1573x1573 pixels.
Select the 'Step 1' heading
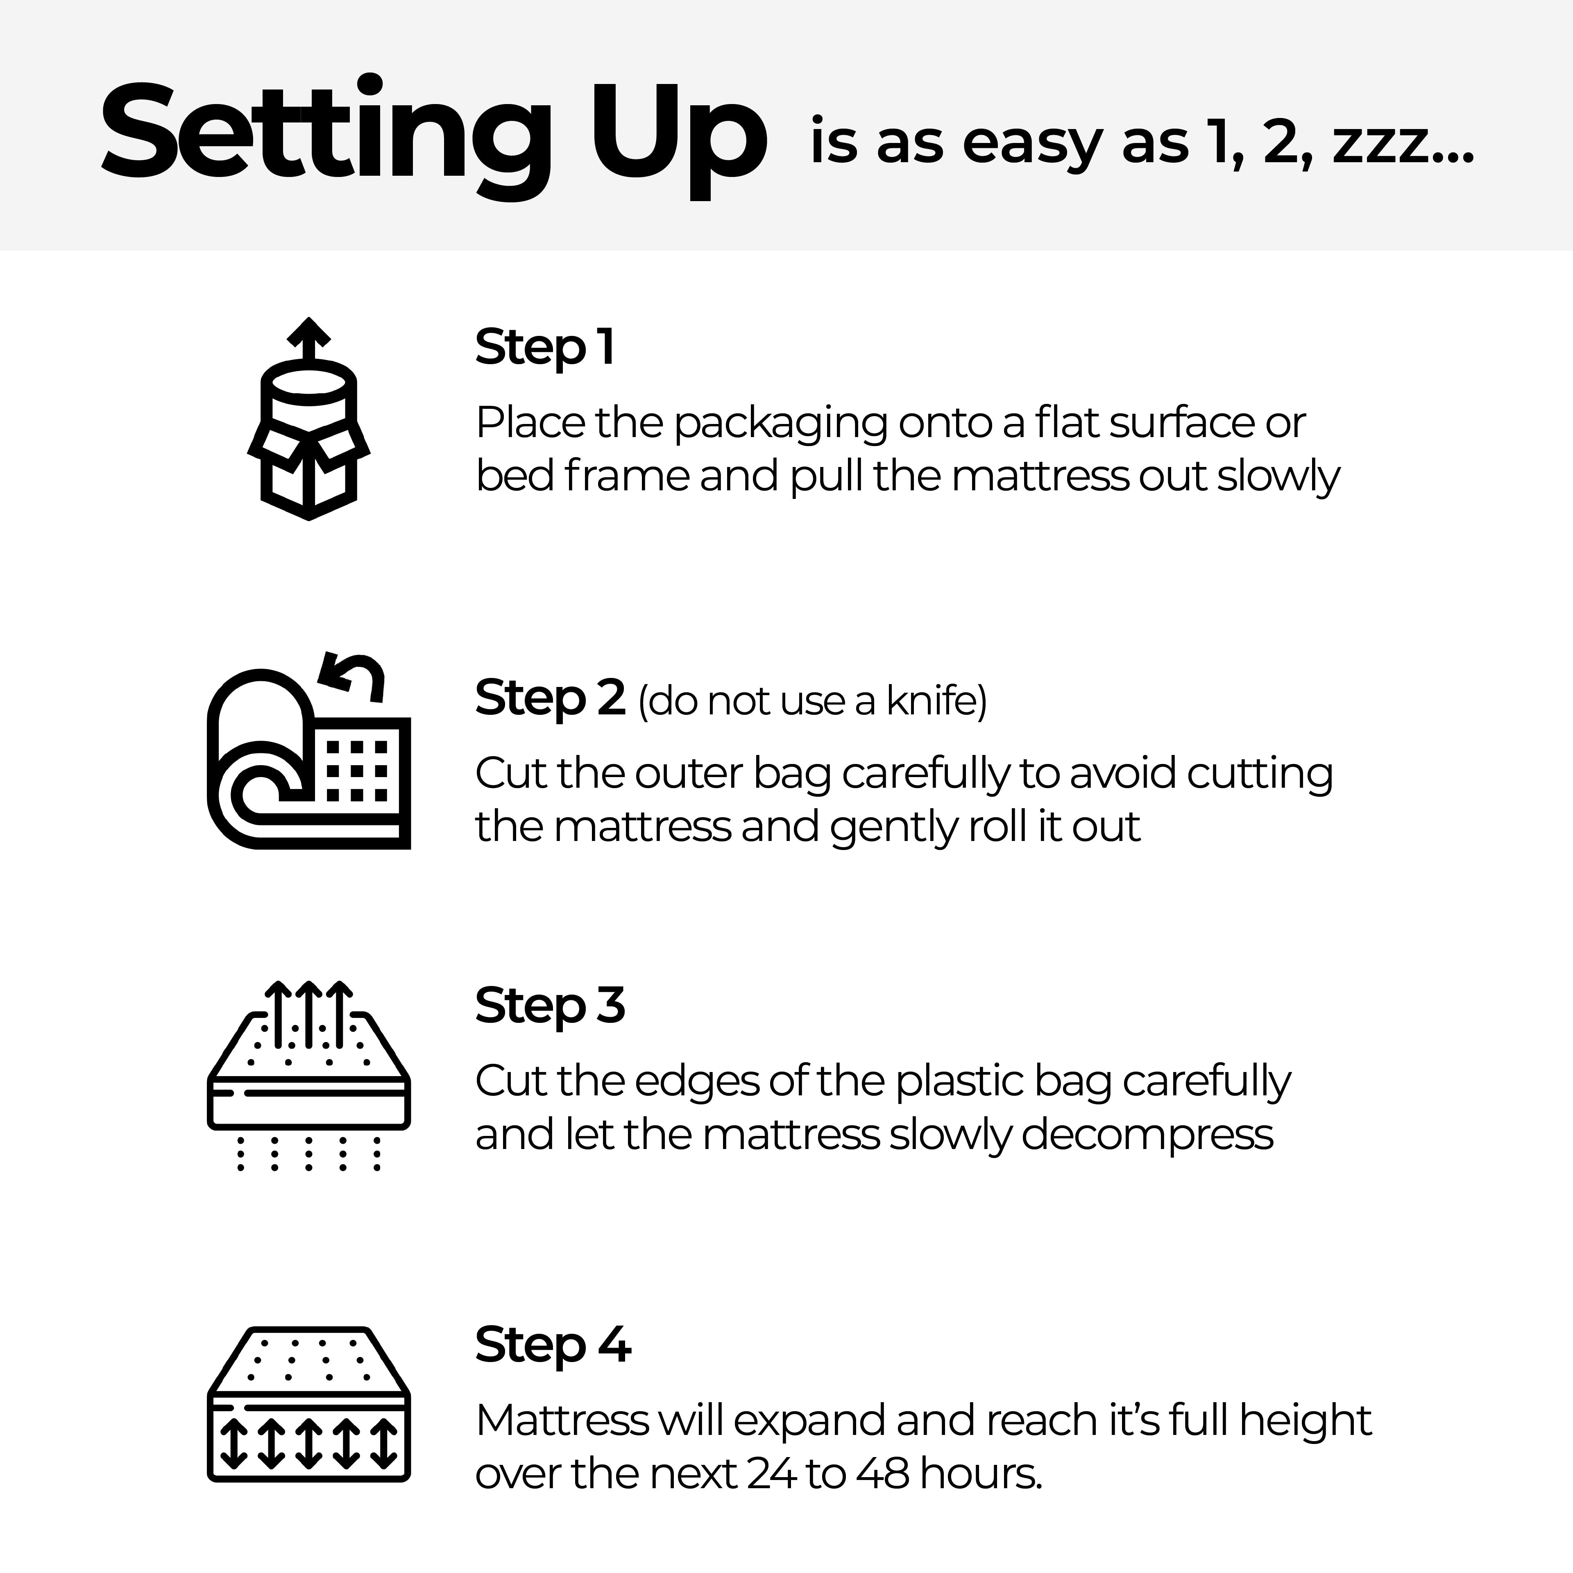click(x=544, y=348)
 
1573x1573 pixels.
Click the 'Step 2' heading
click(x=550, y=698)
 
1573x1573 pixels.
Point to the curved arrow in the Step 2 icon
click(x=352, y=676)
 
